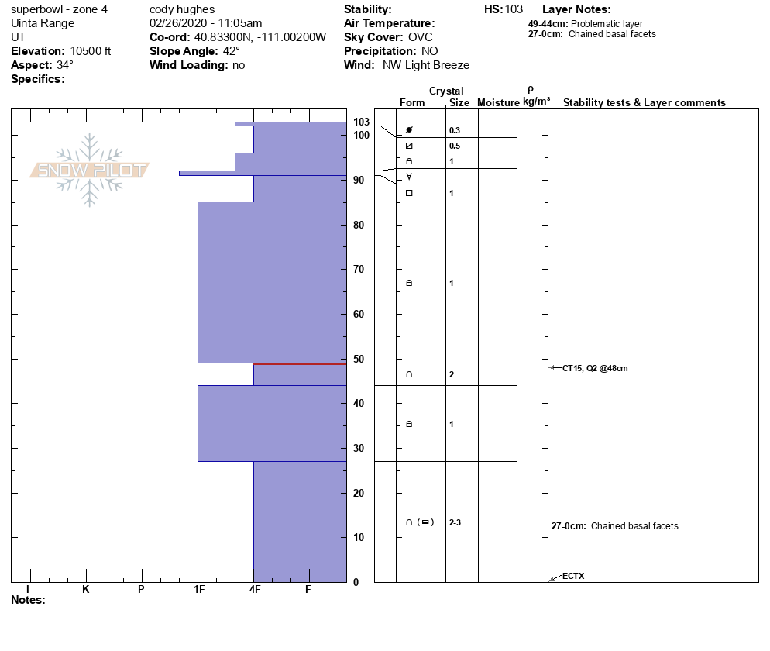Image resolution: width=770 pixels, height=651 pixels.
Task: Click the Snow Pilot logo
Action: point(90,170)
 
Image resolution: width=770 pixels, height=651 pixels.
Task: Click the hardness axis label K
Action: point(85,589)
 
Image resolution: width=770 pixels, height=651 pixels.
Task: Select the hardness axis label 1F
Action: point(198,589)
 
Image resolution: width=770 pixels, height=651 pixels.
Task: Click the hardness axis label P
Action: point(141,589)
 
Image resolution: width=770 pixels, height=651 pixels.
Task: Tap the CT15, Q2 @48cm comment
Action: point(595,368)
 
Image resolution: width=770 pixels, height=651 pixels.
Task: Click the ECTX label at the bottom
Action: point(573,576)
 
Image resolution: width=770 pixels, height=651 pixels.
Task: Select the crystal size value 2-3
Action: point(455,522)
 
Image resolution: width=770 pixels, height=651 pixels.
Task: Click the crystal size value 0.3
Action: point(455,130)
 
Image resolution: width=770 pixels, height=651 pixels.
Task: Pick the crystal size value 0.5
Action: point(455,146)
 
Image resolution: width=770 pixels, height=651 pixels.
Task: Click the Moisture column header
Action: point(498,103)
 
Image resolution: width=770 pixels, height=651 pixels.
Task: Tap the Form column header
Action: point(412,103)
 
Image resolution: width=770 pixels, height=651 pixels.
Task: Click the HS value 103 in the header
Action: point(514,9)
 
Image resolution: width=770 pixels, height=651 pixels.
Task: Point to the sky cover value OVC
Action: point(420,37)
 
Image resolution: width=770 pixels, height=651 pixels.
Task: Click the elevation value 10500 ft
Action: point(91,51)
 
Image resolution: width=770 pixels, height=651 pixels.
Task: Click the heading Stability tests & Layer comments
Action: point(644,103)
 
